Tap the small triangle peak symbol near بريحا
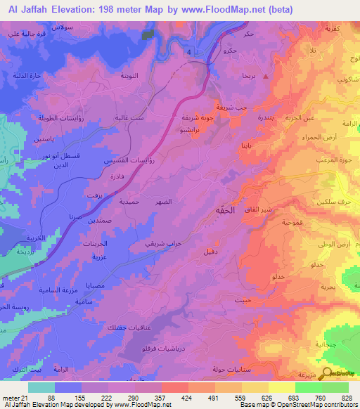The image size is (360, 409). point(266,76)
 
